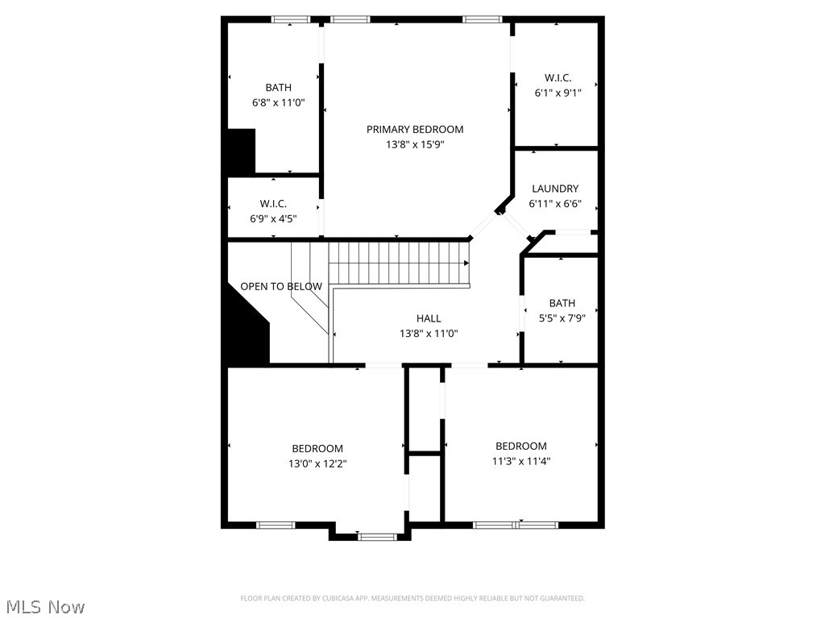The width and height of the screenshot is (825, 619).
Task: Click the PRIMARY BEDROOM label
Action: (415, 129)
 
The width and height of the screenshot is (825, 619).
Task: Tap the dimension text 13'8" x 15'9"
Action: (415, 145)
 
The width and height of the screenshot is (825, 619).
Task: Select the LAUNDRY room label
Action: (555, 189)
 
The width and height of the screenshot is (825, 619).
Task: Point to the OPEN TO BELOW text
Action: (281, 286)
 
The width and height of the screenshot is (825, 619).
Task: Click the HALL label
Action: (429, 318)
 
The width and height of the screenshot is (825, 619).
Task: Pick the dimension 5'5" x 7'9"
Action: (562, 318)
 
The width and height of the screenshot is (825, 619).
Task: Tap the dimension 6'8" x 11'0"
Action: (279, 102)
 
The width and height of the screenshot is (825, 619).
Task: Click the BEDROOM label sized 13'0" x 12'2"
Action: (317, 448)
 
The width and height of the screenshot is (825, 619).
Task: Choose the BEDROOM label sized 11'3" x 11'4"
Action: (521, 446)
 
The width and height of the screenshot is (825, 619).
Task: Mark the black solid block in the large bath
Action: (241, 151)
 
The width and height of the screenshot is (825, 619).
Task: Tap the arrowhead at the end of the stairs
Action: (466, 263)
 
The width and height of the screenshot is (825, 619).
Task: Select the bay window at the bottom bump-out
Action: (377, 536)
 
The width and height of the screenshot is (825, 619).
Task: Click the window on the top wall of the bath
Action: (291, 19)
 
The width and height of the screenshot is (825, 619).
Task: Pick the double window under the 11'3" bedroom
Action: (516, 525)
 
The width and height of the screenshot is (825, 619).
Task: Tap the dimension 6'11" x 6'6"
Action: (555, 204)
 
